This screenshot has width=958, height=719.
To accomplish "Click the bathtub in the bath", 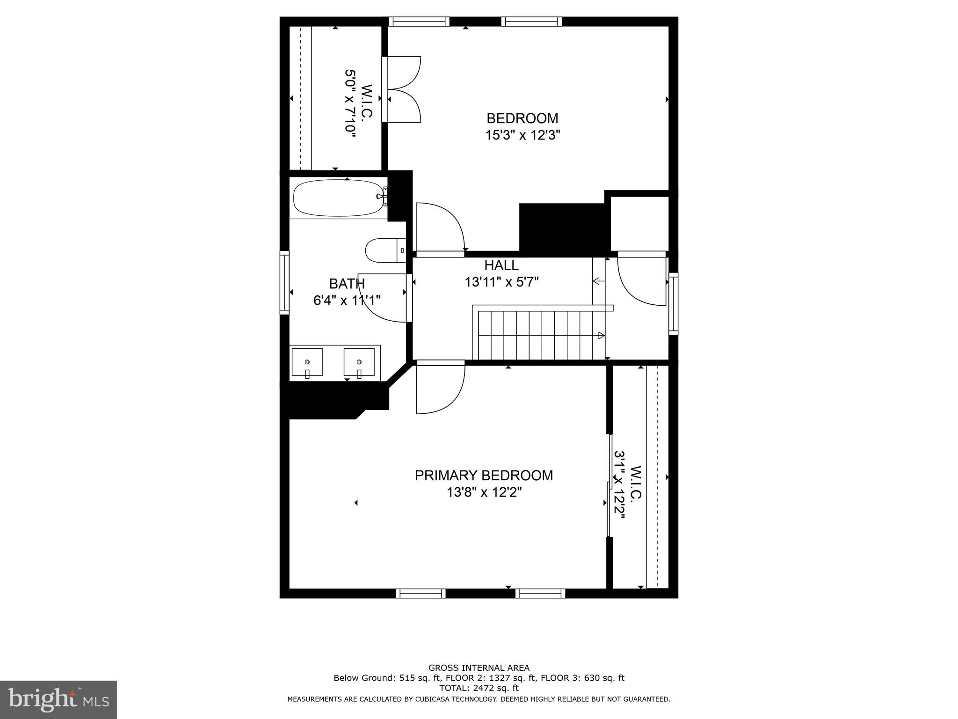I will pos(338,198).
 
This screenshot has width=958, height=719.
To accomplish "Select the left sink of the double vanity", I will pos(307,362).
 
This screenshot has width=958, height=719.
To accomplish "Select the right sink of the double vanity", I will pos(359,362).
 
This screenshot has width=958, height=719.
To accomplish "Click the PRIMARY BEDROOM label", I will pos(484,476).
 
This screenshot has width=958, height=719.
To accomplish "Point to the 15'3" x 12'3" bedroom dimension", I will pos(522,135).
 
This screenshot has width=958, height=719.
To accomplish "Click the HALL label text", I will pos(501,265).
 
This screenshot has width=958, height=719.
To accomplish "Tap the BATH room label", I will pos(347,284).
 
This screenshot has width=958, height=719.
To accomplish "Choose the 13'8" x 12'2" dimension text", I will pos(484,492).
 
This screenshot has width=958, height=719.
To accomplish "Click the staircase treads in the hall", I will pos(538,335).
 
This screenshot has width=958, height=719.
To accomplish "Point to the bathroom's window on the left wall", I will pos(284,282).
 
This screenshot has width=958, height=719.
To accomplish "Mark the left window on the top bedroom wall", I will pos(419,22).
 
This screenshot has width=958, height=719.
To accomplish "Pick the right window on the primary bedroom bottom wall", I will pos(540,594).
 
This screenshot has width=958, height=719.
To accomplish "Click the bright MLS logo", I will pos(58,699).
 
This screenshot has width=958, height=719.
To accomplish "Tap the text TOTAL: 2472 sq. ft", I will pos(479,688).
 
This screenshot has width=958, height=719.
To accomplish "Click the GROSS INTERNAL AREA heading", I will pos(479,668).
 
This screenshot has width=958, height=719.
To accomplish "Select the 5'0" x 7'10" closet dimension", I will pos(350,103).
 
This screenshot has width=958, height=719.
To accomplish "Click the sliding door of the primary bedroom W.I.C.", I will pos(610,485).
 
